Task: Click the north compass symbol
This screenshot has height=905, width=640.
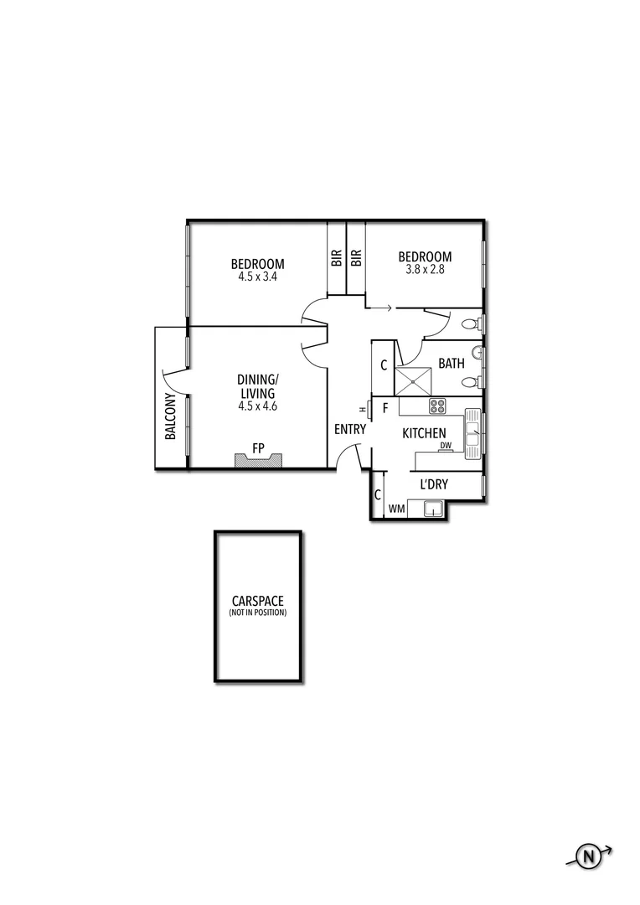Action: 589,856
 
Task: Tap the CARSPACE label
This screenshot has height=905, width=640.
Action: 257,601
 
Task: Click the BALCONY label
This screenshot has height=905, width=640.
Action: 170,416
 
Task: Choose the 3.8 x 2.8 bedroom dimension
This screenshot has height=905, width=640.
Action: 425,269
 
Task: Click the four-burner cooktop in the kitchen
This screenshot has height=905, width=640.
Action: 437,406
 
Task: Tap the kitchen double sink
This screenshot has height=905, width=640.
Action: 473,434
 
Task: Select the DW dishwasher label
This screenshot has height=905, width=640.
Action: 446,446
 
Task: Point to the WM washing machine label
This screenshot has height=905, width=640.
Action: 396,509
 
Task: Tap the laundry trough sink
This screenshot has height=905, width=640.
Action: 433,508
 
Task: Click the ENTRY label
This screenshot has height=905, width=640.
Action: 349,429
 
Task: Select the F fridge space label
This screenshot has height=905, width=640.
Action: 385,408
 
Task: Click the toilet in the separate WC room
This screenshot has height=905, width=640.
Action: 472,323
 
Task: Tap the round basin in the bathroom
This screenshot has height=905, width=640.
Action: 476,352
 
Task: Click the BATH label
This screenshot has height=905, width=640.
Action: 452,364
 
